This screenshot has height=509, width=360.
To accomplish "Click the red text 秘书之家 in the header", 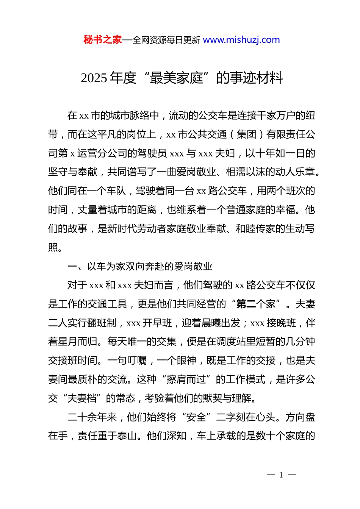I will click(x=102, y=40).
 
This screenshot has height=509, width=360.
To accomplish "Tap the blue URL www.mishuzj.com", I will click(x=241, y=40).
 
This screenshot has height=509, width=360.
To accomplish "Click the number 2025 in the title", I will click(x=94, y=78).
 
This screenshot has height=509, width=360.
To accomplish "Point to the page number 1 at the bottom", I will click(x=281, y=475).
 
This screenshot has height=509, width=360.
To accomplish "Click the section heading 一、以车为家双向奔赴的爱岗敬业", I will click(x=140, y=267).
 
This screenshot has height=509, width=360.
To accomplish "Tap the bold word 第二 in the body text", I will click(x=246, y=304).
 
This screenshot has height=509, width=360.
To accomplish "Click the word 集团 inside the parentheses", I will click(x=246, y=134).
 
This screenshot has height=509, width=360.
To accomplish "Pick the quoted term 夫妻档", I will click(x=82, y=398).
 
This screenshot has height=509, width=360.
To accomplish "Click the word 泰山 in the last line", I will click(x=127, y=436).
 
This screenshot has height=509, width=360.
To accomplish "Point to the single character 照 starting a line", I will click(x=53, y=248).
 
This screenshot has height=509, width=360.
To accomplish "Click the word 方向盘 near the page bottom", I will click(x=300, y=417).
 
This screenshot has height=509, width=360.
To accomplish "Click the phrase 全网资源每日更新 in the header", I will click(x=166, y=40).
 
